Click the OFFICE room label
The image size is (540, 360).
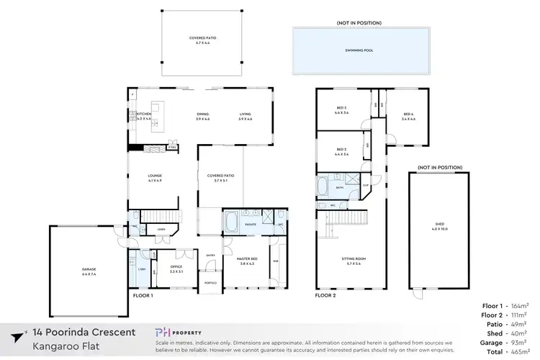click(166, 269)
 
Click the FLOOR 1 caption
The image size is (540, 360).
click(144, 295)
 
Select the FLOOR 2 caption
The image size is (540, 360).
click(326, 295)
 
